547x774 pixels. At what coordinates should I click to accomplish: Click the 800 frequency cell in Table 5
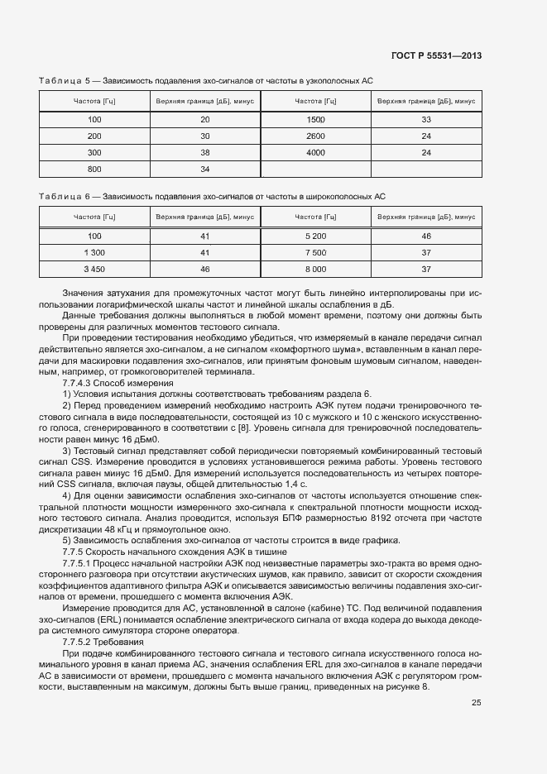(94, 169)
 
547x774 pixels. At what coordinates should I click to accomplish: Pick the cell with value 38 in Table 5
(205, 152)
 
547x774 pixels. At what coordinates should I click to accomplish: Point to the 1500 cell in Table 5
(315, 119)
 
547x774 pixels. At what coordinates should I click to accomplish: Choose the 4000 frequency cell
(315, 152)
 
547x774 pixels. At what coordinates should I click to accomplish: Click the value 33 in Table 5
(426, 119)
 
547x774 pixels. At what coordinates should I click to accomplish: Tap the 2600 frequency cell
(315, 136)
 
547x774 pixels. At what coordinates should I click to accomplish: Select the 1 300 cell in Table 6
(94, 252)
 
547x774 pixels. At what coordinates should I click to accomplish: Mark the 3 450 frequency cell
(94, 269)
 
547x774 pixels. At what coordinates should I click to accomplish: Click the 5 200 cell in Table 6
(315, 236)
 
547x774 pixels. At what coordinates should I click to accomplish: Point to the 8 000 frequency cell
(315, 269)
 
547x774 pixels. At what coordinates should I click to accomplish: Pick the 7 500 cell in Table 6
(315, 252)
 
